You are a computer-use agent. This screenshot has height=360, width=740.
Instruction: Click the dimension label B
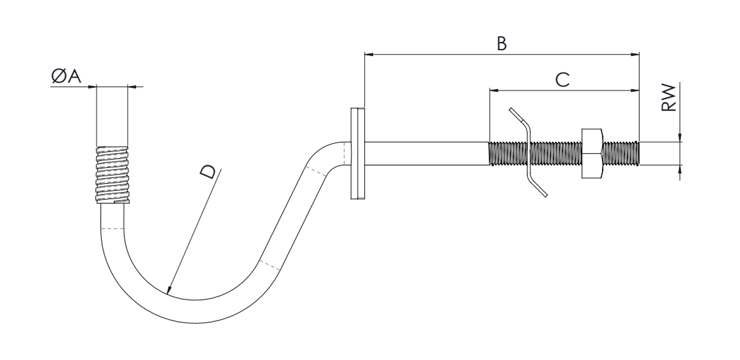(x=502, y=43)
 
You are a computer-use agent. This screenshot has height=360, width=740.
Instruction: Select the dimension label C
(x=562, y=80)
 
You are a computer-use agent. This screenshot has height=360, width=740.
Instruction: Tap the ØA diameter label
(x=66, y=76)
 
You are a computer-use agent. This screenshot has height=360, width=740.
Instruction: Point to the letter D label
(x=208, y=172)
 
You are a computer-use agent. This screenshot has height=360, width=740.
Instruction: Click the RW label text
(x=669, y=97)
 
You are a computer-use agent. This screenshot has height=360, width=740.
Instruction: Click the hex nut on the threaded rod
(x=592, y=153)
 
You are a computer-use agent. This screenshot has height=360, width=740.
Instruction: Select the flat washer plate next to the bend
(x=357, y=153)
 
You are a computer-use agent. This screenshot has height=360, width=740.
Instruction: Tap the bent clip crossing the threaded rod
(x=528, y=152)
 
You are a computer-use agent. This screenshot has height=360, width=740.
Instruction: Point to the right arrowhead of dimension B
(x=634, y=54)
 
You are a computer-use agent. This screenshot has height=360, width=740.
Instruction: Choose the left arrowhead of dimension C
(x=494, y=90)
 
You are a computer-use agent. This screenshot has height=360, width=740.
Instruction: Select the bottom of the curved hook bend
(x=195, y=312)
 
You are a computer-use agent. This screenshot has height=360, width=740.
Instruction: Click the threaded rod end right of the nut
(x=621, y=153)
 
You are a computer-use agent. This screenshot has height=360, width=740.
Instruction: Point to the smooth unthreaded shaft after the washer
(x=427, y=153)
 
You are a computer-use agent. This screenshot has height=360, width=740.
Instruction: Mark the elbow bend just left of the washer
(x=331, y=153)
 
